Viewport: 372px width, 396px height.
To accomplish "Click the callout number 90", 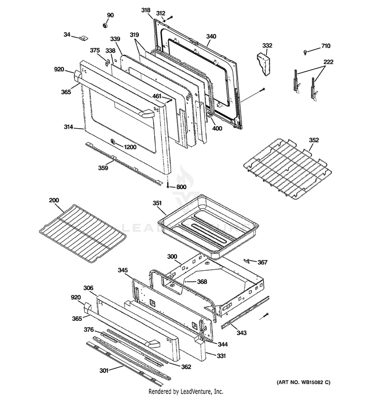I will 110,15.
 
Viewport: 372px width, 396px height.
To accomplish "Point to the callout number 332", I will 267,46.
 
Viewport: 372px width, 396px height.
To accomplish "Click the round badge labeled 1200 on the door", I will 113,144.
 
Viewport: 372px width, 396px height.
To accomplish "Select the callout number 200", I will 54,200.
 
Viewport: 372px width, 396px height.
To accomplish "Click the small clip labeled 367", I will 248,260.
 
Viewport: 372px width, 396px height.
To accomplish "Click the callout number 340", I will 211,36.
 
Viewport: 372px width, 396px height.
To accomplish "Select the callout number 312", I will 161,13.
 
